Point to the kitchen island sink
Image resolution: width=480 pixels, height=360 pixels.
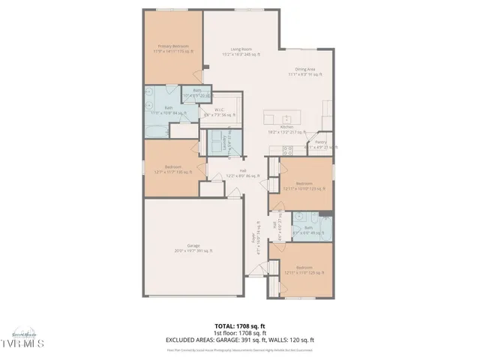tap(286, 119)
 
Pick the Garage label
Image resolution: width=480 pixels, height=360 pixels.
tap(193, 248)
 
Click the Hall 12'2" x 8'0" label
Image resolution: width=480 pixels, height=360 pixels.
tap(243, 173)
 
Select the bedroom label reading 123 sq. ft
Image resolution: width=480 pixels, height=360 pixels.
tap(304, 185)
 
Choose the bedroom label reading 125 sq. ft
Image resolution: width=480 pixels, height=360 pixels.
tap(304, 270)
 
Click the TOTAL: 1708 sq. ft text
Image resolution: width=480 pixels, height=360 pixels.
tap(240, 325)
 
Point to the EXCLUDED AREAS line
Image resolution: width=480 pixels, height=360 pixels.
tap(240, 339)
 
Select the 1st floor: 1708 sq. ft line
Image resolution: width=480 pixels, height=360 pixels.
tap(240, 332)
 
